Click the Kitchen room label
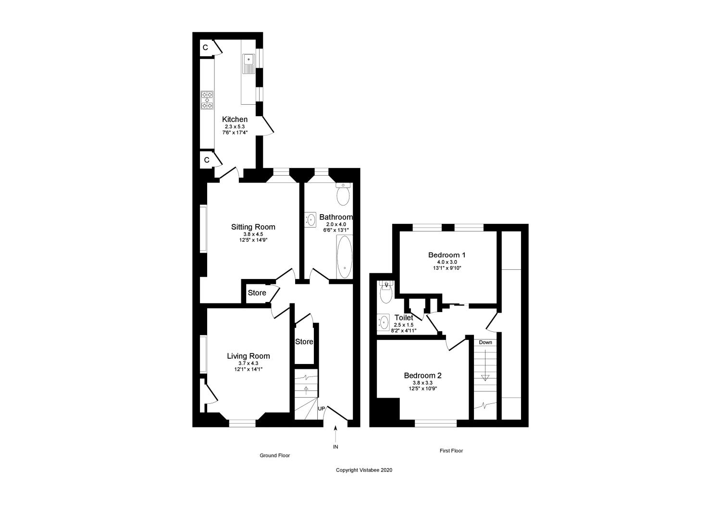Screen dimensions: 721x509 click(235, 120)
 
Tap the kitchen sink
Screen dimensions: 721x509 click(249, 63)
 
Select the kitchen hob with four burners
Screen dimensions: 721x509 click(207, 100)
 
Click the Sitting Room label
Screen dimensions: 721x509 click(253, 227)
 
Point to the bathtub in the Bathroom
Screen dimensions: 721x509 click(344, 257)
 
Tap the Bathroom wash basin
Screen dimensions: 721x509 click(311, 220)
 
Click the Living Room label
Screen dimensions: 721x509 click(248, 356)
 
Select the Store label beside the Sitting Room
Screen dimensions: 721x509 click(257, 293)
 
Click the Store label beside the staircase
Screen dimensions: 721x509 click(304, 342)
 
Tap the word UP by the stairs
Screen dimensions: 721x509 click(322, 409)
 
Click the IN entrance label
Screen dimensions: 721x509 click(336, 447)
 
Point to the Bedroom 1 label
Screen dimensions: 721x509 click(447, 255)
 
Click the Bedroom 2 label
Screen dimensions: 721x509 click(423, 376)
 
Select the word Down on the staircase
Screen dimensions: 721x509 click(485, 342)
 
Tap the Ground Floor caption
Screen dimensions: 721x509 click(275, 455)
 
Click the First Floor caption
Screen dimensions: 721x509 click(451, 451)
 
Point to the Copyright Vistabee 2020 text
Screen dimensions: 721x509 click(364, 470)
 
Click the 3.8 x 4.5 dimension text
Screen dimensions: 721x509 click(253, 234)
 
